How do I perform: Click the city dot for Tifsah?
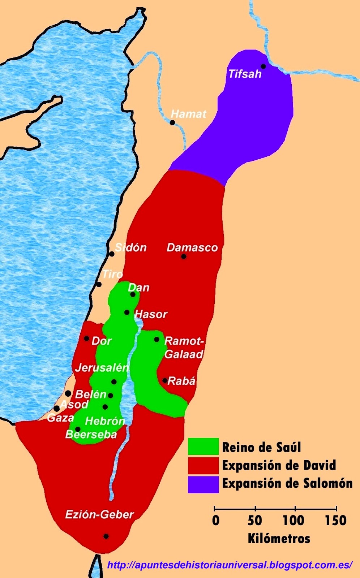(x=263, y=66)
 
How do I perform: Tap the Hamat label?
(x=188, y=114)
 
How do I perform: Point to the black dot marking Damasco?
(x=184, y=256)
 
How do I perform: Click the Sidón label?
(x=130, y=247)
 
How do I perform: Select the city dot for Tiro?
(x=99, y=285)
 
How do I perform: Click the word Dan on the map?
(x=138, y=288)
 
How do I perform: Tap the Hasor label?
(x=151, y=314)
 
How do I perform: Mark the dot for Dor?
(x=86, y=338)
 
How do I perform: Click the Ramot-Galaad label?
(x=184, y=348)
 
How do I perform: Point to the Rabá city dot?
(x=165, y=380)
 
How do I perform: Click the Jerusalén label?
(x=102, y=368)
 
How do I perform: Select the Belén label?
(x=91, y=394)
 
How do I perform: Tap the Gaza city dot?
(x=57, y=408)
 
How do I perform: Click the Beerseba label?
(x=91, y=434)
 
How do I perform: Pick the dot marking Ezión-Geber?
(x=106, y=536)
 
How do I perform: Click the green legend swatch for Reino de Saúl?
(x=203, y=447)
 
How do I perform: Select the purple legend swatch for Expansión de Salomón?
(x=203, y=484)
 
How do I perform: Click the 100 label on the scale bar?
(x=293, y=521)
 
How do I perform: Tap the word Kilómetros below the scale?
(x=279, y=539)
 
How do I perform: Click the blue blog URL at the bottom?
(x=230, y=565)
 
